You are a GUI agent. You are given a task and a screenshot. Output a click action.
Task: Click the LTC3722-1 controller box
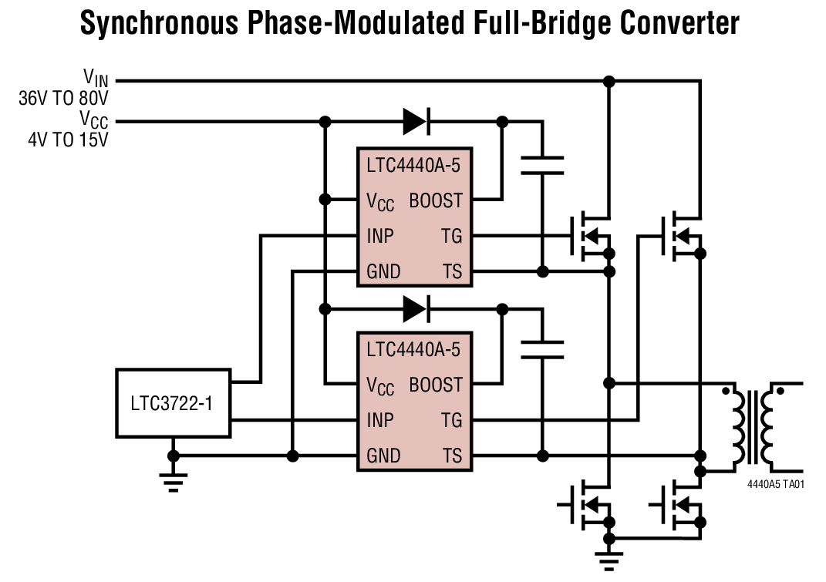click(x=174, y=402)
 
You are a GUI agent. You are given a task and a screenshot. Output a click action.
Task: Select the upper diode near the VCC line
click(x=416, y=121)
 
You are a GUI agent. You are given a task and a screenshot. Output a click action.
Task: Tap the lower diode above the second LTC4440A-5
click(x=416, y=309)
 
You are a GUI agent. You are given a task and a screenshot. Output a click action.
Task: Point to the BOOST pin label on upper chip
click(x=436, y=200)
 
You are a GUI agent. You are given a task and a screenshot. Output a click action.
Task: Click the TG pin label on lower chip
click(x=451, y=420)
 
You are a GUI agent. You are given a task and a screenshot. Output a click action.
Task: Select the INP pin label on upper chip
click(x=380, y=236)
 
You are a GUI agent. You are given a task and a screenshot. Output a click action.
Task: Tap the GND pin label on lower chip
click(x=383, y=456)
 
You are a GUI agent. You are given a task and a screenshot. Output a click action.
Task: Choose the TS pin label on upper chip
click(x=451, y=271)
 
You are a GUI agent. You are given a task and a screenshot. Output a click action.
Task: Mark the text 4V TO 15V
click(x=70, y=140)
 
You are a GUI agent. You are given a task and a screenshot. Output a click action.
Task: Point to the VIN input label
click(x=96, y=77)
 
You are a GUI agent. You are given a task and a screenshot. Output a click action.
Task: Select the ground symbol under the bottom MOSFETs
click(x=609, y=561)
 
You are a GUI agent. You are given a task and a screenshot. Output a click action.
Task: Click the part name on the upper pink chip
click(x=413, y=164)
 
